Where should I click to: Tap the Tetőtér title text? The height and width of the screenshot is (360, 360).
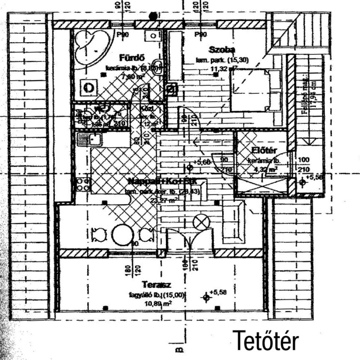266,340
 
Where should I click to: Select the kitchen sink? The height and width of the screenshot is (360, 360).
89,140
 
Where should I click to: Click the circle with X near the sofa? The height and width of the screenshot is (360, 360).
202,222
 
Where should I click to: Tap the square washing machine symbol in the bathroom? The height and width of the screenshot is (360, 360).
90,87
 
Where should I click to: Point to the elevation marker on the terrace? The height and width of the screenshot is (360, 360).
206,298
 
